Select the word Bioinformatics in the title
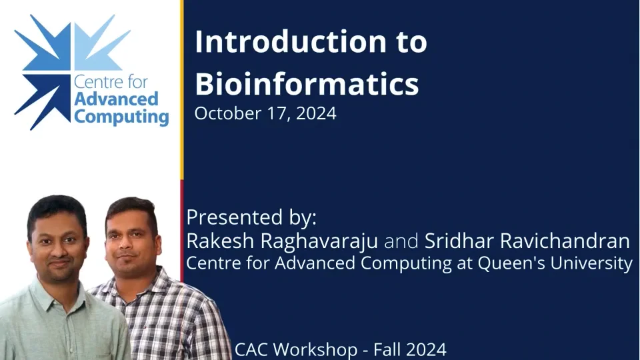click(x=307, y=84)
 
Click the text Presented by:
click(x=251, y=218)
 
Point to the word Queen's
click(x=507, y=263)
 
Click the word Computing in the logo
click(x=121, y=117)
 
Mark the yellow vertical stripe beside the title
click(x=182, y=90)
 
